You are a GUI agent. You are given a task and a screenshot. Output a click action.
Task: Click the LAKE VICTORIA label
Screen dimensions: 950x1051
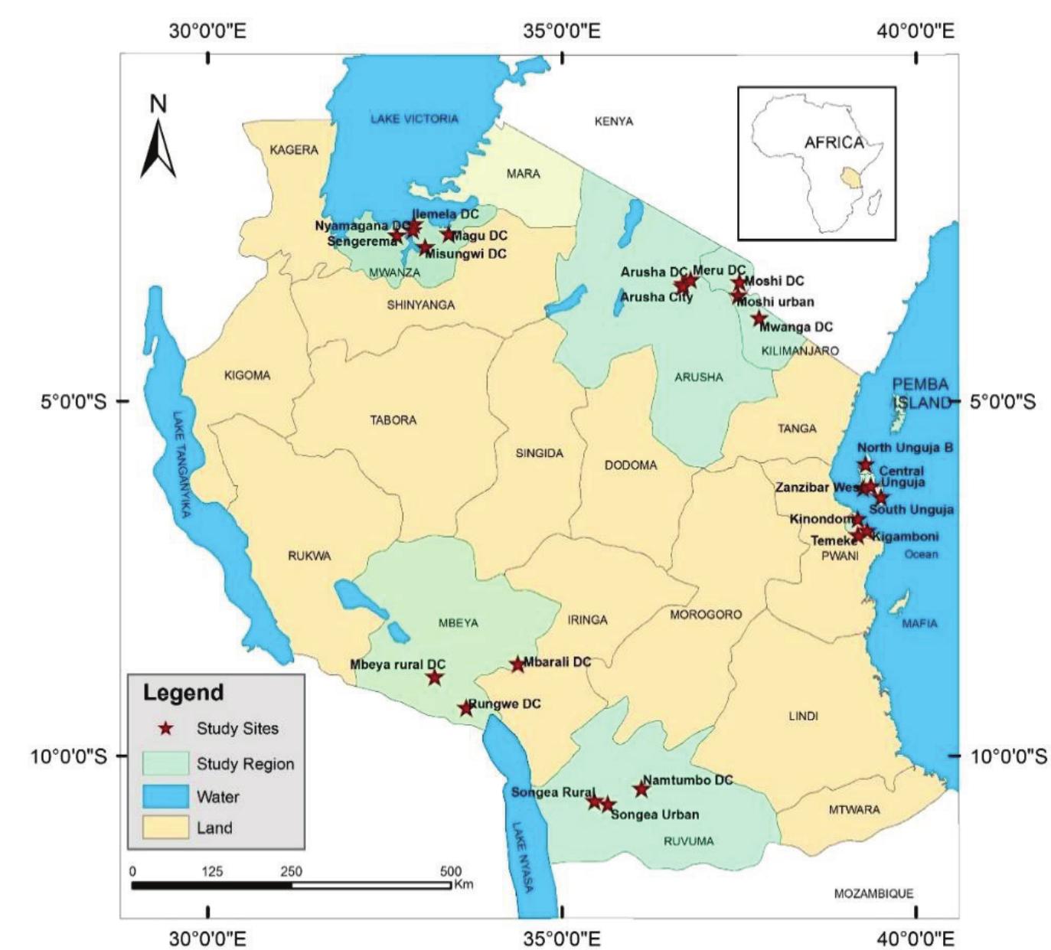pyautogui.click(x=414, y=119)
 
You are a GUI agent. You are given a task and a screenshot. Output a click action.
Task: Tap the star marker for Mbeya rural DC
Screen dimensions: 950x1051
pyautogui.click(x=435, y=677)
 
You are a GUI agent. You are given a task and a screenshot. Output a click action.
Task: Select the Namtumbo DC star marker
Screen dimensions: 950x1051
pyautogui.click(x=641, y=789)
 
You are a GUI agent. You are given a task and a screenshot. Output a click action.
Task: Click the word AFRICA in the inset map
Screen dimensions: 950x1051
pyautogui.click(x=834, y=142)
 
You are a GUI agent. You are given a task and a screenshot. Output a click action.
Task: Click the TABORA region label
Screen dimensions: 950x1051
pyautogui.click(x=393, y=420)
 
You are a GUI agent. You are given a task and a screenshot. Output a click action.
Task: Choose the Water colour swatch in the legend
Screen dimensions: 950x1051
pyautogui.click(x=165, y=796)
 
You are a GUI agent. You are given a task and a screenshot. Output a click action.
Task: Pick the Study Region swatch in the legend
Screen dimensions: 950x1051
pyautogui.click(x=165, y=763)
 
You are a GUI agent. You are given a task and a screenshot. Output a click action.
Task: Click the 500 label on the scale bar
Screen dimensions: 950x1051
pyautogui.click(x=450, y=871)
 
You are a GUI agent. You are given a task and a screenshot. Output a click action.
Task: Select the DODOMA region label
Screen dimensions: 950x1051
pyautogui.click(x=630, y=465)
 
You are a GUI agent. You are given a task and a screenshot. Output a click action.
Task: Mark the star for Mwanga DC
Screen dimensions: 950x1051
pyautogui.click(x=759, y=319)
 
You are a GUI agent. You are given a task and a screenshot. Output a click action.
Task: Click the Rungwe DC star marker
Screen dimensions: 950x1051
pyautogui.click(x=465, y=709)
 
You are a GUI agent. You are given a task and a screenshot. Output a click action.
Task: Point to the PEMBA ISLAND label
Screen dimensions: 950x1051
pyautogui.click(x=920, y=393)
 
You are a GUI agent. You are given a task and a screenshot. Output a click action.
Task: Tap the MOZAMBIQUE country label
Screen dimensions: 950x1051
pyautogui.click(x=873, y=893)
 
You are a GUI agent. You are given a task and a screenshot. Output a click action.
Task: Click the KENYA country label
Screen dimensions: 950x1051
pyautogui.click(x=614, y=121)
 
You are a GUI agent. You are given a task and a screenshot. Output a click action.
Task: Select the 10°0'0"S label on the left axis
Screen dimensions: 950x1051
pyautogui.click(x=69, y=756)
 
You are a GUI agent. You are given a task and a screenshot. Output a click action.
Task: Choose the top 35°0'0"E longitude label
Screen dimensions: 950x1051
pyautogui.click(x=563, y=31)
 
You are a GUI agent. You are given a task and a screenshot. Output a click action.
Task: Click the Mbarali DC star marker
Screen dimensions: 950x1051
pyautogui.click(x=517, y=665)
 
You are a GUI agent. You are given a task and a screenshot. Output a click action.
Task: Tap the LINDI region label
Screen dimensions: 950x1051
pyautogui.click(x=803, y=716)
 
